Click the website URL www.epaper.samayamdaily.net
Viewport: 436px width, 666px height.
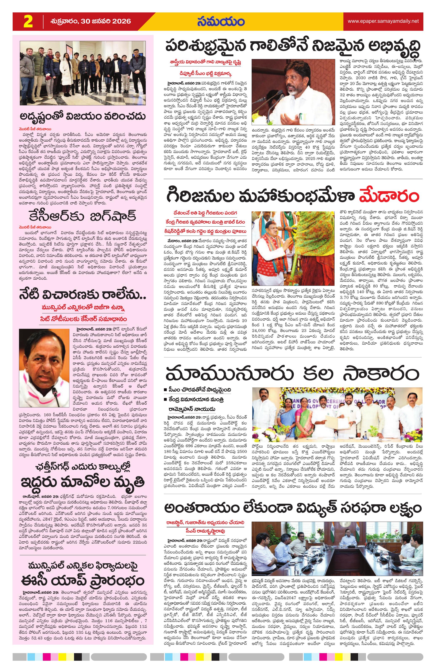click(x=383, y=21)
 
